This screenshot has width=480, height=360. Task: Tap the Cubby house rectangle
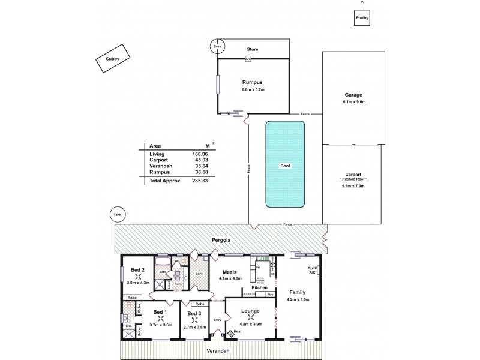[x=112, y=59]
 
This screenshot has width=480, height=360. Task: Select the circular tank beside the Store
[x=217, y=46]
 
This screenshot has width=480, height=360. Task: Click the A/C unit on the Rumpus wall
[x=248, y=59]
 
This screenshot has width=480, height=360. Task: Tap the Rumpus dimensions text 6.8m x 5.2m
[x=253, y=91]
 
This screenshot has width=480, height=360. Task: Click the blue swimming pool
[x=285, y=165]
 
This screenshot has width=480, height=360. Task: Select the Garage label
[x=353, y=95]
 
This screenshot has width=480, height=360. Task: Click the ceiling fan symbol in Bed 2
[x=138, y=278]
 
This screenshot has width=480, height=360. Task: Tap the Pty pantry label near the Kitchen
[x=270, y=295]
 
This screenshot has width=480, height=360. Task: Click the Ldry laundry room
[x=199, y=275]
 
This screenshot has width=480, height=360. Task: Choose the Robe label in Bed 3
[x=200, y=304]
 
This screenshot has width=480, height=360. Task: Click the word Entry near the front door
[x=217, y=319]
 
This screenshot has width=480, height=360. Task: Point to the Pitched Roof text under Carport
[x=353, y=179]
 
